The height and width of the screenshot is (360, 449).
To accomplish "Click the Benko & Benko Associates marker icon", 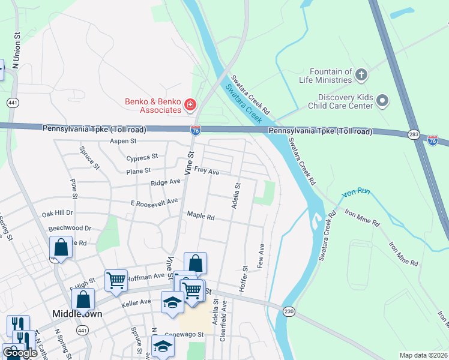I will tap(190, 106).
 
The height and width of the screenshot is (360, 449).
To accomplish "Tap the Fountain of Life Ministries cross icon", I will tap(361, 75).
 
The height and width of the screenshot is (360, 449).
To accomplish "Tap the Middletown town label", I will tap(76, 314).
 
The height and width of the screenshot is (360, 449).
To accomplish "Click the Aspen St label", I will tap(123, 141).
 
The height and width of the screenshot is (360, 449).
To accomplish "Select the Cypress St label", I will tap(142, 157).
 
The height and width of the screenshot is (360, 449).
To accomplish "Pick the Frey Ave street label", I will tap(206, 172).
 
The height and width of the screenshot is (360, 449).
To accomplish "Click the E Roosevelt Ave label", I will tap(154, 202).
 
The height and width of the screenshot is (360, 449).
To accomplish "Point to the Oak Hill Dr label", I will tap(56, 212).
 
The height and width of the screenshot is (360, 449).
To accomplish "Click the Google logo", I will tap(20, 353).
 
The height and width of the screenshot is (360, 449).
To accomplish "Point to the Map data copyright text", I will tap(423, 355).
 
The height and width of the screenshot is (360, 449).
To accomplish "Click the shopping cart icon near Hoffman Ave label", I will tap(115, 280).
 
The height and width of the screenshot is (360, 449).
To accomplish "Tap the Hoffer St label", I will tap(244, 275).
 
